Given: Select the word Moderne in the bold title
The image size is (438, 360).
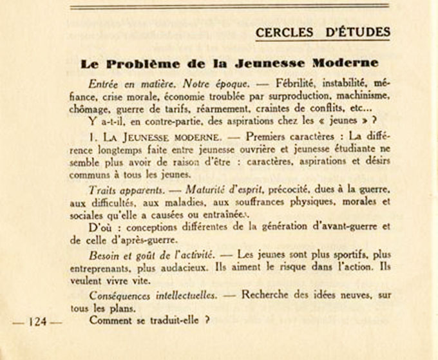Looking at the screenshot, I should (x=346, y=64).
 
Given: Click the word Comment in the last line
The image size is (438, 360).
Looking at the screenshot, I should (x=111, y=320).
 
